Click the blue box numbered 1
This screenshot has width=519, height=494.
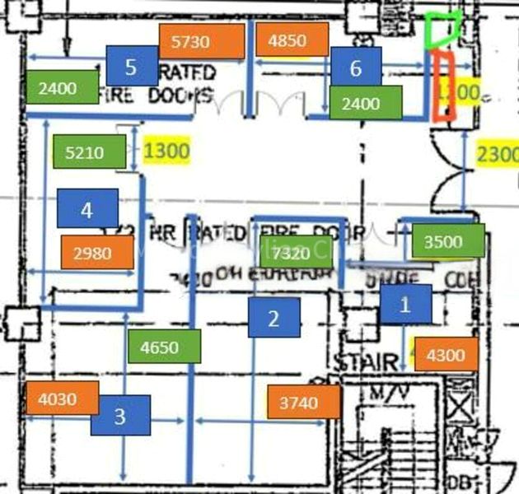405,304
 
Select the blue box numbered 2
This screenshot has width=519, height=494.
274,318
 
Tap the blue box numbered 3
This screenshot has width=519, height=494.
120,416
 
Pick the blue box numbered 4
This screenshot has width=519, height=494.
86,210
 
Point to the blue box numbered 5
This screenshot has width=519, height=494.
132,65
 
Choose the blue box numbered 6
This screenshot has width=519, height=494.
356,68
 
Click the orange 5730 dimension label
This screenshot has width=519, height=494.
202,41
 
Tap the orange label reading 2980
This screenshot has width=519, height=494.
92,254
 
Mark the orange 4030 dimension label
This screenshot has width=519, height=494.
57,399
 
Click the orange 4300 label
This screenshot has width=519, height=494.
446,356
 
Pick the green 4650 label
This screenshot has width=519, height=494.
165,347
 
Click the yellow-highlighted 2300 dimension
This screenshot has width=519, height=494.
498,154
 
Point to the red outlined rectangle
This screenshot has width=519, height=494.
443,86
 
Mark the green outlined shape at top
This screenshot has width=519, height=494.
442,30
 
